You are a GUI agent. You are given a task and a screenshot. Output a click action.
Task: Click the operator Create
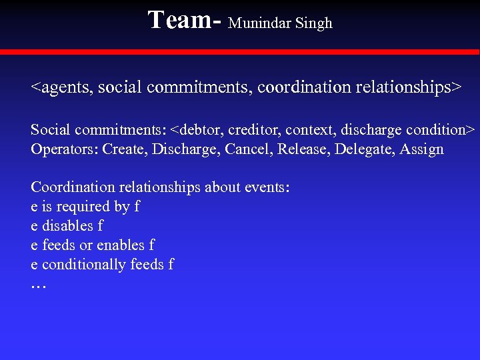125,149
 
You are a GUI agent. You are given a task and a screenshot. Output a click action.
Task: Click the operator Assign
421,149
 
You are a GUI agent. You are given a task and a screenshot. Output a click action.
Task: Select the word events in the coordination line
266,187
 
